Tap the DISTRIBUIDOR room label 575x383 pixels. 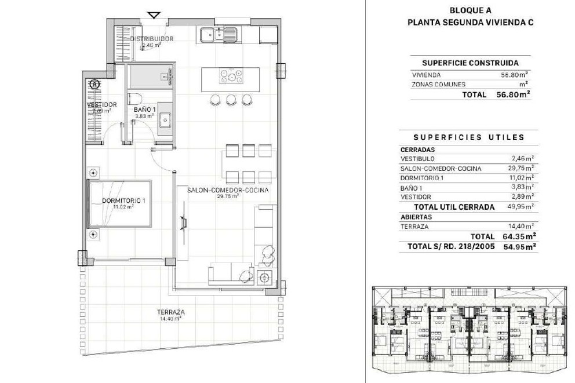[152, 38]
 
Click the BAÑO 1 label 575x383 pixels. [145, 110]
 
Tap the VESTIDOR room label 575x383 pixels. [102, 105]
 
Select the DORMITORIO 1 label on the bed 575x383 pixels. [123, 200]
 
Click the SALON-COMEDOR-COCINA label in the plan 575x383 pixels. [227, 190]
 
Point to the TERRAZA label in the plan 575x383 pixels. [170, 312]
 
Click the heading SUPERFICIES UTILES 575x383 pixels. [469, 137]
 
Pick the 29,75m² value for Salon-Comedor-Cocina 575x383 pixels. [522, 168]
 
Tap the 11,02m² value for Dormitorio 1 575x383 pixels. [522, 178]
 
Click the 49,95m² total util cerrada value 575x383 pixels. [522, 206]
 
